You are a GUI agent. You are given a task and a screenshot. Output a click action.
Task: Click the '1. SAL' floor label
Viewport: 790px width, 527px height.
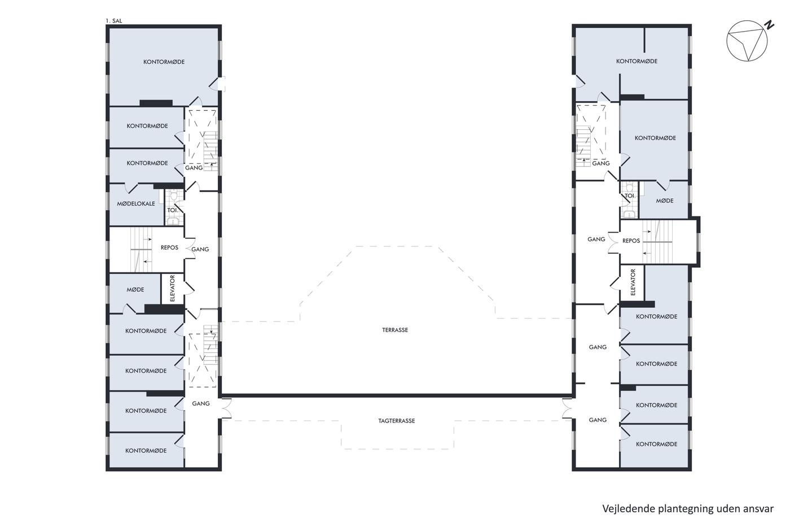tap(114, 21)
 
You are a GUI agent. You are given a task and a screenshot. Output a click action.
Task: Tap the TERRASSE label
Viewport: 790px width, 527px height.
tap(395, 330)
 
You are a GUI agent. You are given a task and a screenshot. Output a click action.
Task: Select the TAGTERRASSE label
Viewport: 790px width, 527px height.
tap(396, 421)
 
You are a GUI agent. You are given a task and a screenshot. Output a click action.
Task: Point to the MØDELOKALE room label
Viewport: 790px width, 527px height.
tap(136, 204)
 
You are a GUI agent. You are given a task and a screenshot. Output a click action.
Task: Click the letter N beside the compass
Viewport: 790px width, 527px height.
tap(769, 25)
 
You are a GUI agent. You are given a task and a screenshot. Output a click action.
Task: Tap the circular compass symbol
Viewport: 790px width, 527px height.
tap(747, 41)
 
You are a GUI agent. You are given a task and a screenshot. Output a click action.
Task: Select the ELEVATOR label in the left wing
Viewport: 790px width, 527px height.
tap(173, 289)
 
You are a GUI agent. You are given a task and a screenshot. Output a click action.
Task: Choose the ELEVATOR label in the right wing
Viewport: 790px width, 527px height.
tap(633, 282)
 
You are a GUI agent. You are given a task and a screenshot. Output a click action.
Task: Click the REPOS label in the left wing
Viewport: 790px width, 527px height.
tap(169, 248)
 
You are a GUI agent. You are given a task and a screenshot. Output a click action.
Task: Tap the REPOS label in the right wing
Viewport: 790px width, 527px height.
tap(631, 241)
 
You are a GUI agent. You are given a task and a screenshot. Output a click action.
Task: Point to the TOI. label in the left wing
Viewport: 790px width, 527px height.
tap(173, 210)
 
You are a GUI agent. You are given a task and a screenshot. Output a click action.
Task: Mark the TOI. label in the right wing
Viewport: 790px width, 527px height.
tap(630, 195)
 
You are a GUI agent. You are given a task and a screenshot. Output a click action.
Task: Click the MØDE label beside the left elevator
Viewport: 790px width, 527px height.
tap(135, 289)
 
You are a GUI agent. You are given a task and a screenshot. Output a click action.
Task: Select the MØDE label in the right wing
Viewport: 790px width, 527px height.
tap(665, 201)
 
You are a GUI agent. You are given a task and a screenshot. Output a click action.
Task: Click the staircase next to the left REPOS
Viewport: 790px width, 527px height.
tap(141, 250)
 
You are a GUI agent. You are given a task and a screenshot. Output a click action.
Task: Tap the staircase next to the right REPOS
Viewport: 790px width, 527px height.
tap(657, 242)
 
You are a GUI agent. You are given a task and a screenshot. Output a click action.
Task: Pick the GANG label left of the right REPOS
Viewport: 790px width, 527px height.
tap(596, 239)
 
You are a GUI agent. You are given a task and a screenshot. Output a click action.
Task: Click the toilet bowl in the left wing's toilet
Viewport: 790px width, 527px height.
tap(174, 194)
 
